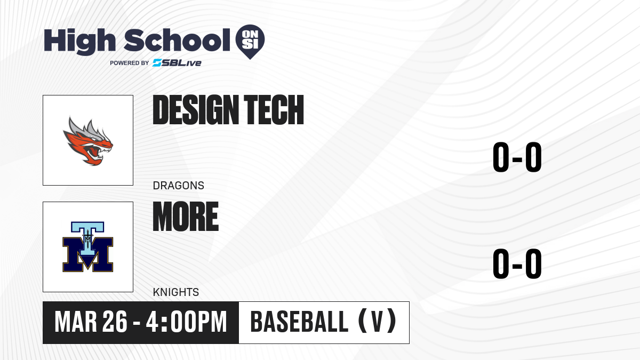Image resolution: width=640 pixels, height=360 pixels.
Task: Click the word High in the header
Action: [x=79, y=42]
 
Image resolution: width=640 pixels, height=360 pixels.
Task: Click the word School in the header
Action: [x=177, y=40]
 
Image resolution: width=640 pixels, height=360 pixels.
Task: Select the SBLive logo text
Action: [x=177, y=63]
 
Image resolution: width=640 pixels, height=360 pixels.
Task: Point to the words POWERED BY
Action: [x=130, y=63]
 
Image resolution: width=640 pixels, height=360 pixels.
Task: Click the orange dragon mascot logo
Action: [x=88, y=141]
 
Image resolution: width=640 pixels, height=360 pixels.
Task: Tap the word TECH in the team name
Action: [x=274, y=110]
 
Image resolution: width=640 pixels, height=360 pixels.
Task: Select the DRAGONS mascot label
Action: [x=179, y=186]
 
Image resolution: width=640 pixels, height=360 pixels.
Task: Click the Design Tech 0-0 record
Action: [x=517, y=157]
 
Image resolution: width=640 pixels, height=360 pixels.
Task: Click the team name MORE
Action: [x=186, y=217]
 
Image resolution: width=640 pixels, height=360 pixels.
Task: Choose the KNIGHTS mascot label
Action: [x=176, y=292]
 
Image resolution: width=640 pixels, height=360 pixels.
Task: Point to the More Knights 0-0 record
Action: [x=517, y=263]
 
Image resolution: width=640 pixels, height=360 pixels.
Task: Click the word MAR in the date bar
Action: [x=76, y=322]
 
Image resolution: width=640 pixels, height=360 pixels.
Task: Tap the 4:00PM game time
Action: [x=186, y=322]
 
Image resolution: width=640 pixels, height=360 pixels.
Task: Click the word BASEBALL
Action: [x=299, y=322]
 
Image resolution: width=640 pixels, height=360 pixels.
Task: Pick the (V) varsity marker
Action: [x=377, y=321]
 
